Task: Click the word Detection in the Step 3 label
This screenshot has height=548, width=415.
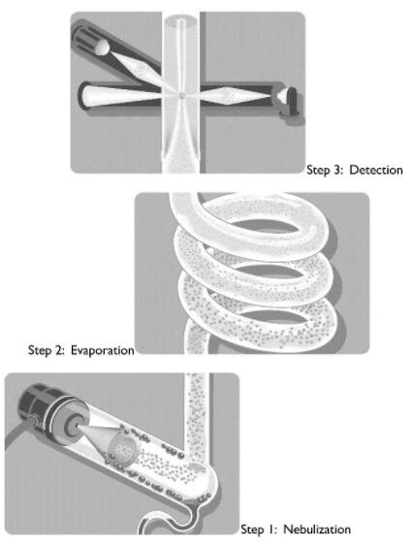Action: pyautogui.click(x=376, y=170)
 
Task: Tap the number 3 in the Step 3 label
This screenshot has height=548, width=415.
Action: pyautogui.click(x=336, y=170)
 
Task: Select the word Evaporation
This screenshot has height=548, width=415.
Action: pyautogui.click(x=103, y=350)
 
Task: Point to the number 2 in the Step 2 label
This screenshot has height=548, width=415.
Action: pyautogui.click(x=57, y=350)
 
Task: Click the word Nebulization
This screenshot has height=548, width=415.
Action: pyautogui.click(x=316, y=530)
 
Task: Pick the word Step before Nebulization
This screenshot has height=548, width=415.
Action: pyautogui.click(x=251, y=530)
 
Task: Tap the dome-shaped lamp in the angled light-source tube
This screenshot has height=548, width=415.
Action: pyautogui.click(x=103, y=48)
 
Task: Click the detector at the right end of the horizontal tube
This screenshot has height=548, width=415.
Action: pyautogui.click(x=288, y=100)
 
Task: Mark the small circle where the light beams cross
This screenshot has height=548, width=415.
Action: pyautogui.click(x=181, y=95)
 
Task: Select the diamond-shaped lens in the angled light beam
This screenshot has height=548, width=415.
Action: pyautogui.click(x=140, y=70)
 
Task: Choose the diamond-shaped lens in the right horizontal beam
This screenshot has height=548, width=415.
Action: pyautogui.click(x=228, y=95)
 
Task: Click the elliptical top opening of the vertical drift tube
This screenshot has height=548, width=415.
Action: pyautogui.click(x=180, y=20)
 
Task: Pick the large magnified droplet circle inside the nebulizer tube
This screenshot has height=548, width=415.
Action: pyautogui.click(x=121, y=449)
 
